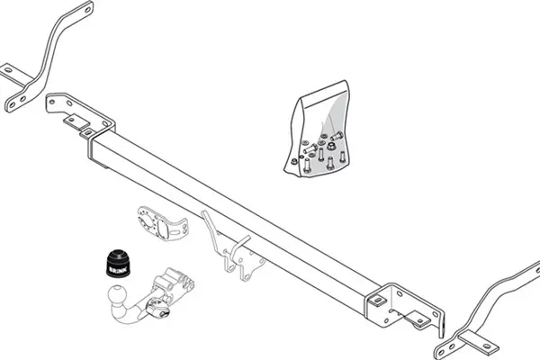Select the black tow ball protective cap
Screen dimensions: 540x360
pos(119,263)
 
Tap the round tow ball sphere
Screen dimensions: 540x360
pos(117,294)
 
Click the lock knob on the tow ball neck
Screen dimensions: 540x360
pos(156,307)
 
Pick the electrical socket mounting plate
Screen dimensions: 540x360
pos(163,223)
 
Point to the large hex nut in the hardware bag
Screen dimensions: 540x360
pos(331,146)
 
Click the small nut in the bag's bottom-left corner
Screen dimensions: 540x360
pos(293,161)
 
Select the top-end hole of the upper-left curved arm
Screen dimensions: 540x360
pos(86,10)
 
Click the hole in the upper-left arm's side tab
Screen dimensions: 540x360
pos(8,70)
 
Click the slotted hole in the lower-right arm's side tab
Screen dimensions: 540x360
pos(487,346)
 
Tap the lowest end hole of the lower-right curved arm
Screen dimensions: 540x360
pos(441,354)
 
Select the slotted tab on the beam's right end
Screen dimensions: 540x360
pos(378,301)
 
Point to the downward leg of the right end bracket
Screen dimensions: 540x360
pos(442,325)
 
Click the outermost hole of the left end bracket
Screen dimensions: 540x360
pos(52,102)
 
